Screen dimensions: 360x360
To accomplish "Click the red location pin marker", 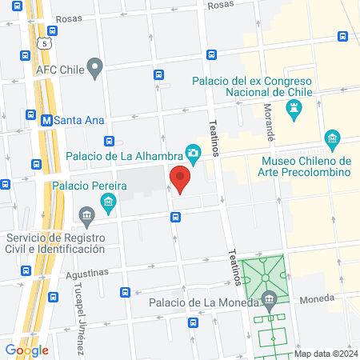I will [180, 178].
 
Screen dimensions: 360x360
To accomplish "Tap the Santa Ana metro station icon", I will [47, 120].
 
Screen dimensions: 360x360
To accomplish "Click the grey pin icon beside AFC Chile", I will [96, 68].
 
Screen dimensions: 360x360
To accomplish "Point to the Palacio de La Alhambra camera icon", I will [193, 152].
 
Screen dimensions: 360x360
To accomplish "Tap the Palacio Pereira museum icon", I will [86, 214].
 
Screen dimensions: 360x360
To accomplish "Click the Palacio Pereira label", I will [90, 186].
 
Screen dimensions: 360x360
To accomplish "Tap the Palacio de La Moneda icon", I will [269, 302].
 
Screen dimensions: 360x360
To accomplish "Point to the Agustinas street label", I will [87, 273].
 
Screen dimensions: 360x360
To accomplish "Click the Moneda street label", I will [317, 300].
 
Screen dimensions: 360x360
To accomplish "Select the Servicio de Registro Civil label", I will [56, 243].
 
